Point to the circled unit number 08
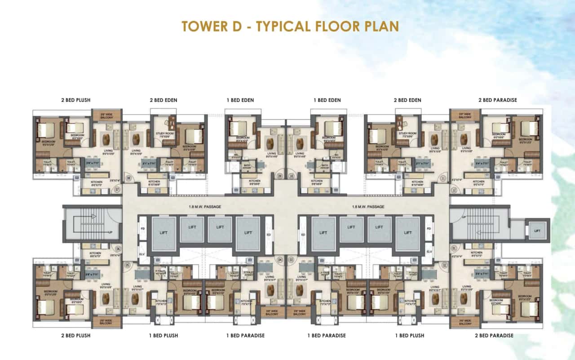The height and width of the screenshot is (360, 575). [128, 178]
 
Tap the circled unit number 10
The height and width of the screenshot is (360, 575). [292, 176]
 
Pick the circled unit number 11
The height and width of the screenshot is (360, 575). [443, 178]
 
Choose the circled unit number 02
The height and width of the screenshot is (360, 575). [445, 265]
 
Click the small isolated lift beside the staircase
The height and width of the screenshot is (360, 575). [538, 230]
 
